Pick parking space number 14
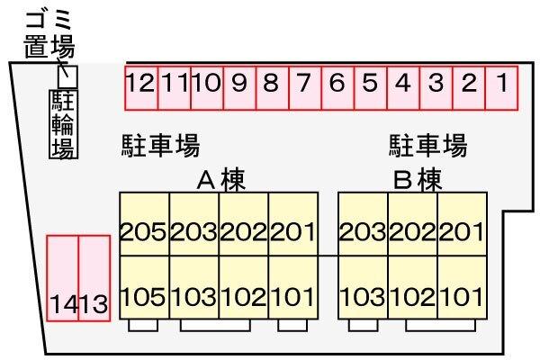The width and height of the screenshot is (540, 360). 62,279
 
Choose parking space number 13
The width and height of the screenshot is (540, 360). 94,279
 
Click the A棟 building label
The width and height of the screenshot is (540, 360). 220,180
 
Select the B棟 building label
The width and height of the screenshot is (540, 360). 417,180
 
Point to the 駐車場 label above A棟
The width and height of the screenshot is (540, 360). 160,146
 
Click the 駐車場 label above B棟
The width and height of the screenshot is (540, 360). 427,146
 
